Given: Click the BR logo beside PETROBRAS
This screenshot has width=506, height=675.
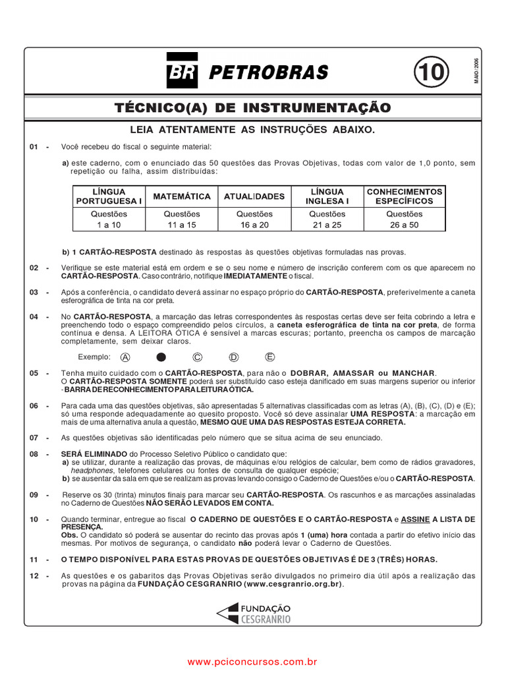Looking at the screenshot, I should pyautogui.click(x=182, y=72).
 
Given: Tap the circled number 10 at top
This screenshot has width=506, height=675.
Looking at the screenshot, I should pyautogui.click(x=431, y=72).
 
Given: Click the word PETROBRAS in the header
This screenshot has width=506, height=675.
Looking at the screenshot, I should pyautogui.click(x=268, y=73).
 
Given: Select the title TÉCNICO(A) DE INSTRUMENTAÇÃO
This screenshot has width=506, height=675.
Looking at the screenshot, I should pyautogui.click(x=252, y=107).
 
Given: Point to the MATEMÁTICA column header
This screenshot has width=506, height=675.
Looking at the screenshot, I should pyautogui.click(x=182, y=196).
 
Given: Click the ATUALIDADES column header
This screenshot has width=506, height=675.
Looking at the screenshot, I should pyautogui.click(x=254, y=196).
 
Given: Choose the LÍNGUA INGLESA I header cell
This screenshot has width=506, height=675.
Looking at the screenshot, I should pyautogui.click(x=327, y=196).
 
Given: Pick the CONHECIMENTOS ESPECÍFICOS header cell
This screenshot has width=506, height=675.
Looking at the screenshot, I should pyautogui.click(x=405, y=196).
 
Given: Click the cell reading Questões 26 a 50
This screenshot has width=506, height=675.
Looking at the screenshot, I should pyautogui.click(x=405, y=220).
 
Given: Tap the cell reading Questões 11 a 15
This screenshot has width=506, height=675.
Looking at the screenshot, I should pyautogui.click(x=182, y=220).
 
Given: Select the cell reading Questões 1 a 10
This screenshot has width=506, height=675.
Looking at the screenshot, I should pyautogui.click(x=109, y=220).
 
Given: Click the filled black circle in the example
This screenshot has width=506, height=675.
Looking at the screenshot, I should pyautogui.click(x=161, y=357).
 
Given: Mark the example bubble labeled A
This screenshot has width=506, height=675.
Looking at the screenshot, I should pyautogui.click(x=125, y=357).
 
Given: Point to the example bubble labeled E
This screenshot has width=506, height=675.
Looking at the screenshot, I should pyautogui.click(x=269, y=357).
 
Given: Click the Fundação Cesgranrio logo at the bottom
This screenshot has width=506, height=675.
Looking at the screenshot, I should pyautogui.click(x=254, y=614).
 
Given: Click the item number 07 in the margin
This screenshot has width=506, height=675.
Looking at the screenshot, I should pyautogui.click(x=34, y=438).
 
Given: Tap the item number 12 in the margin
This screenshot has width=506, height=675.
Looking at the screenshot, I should pyautogui.click(x=34, y=575).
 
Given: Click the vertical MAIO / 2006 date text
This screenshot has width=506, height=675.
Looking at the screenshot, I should pyautogui.click(x=476, y=70).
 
